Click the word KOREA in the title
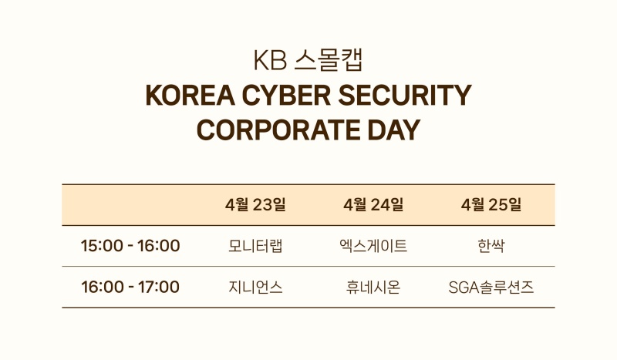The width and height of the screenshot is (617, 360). pyautogui.click(x=190, y=96)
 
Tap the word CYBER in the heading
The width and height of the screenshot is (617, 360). pyautogui.click(x=286, y=96)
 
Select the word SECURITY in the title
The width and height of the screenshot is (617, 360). pyautogui.click(x=405, y=96)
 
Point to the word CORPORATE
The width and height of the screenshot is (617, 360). pyautogui.click(x=278, y=130)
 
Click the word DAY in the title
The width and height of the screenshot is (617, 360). pyautogui.click(x=394, y=130)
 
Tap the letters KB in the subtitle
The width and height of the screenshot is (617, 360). pyautogui.click(x=270, y=60)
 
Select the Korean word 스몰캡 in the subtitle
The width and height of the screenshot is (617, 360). pyautogui.click(x=329, y=60)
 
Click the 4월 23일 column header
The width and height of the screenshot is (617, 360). pyautogui.click(x=255, y=204)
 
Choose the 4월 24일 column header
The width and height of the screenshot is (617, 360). pyautogui.click(x=373, y=204)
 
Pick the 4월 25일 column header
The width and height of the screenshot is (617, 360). pyautogui.click(x=491, y=204)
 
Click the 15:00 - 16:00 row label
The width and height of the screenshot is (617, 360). pyautogui.click(x=130, y=246)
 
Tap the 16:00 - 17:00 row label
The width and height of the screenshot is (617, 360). pyautogui.click(x=130, y=287)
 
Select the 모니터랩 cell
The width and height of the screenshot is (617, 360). pyautogui.click(x=255, y=246)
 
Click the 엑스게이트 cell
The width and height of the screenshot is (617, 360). pyautogui.click(x=373, y=246)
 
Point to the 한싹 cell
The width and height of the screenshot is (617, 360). pyautogui.click(x=491, y=246)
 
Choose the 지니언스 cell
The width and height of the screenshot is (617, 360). pyautogui.click(x=255, y=287)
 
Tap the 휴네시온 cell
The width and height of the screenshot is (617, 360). pyautogui.click(x=373, y=287)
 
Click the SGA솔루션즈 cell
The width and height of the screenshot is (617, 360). pyautogui.click(x=491, y=288)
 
